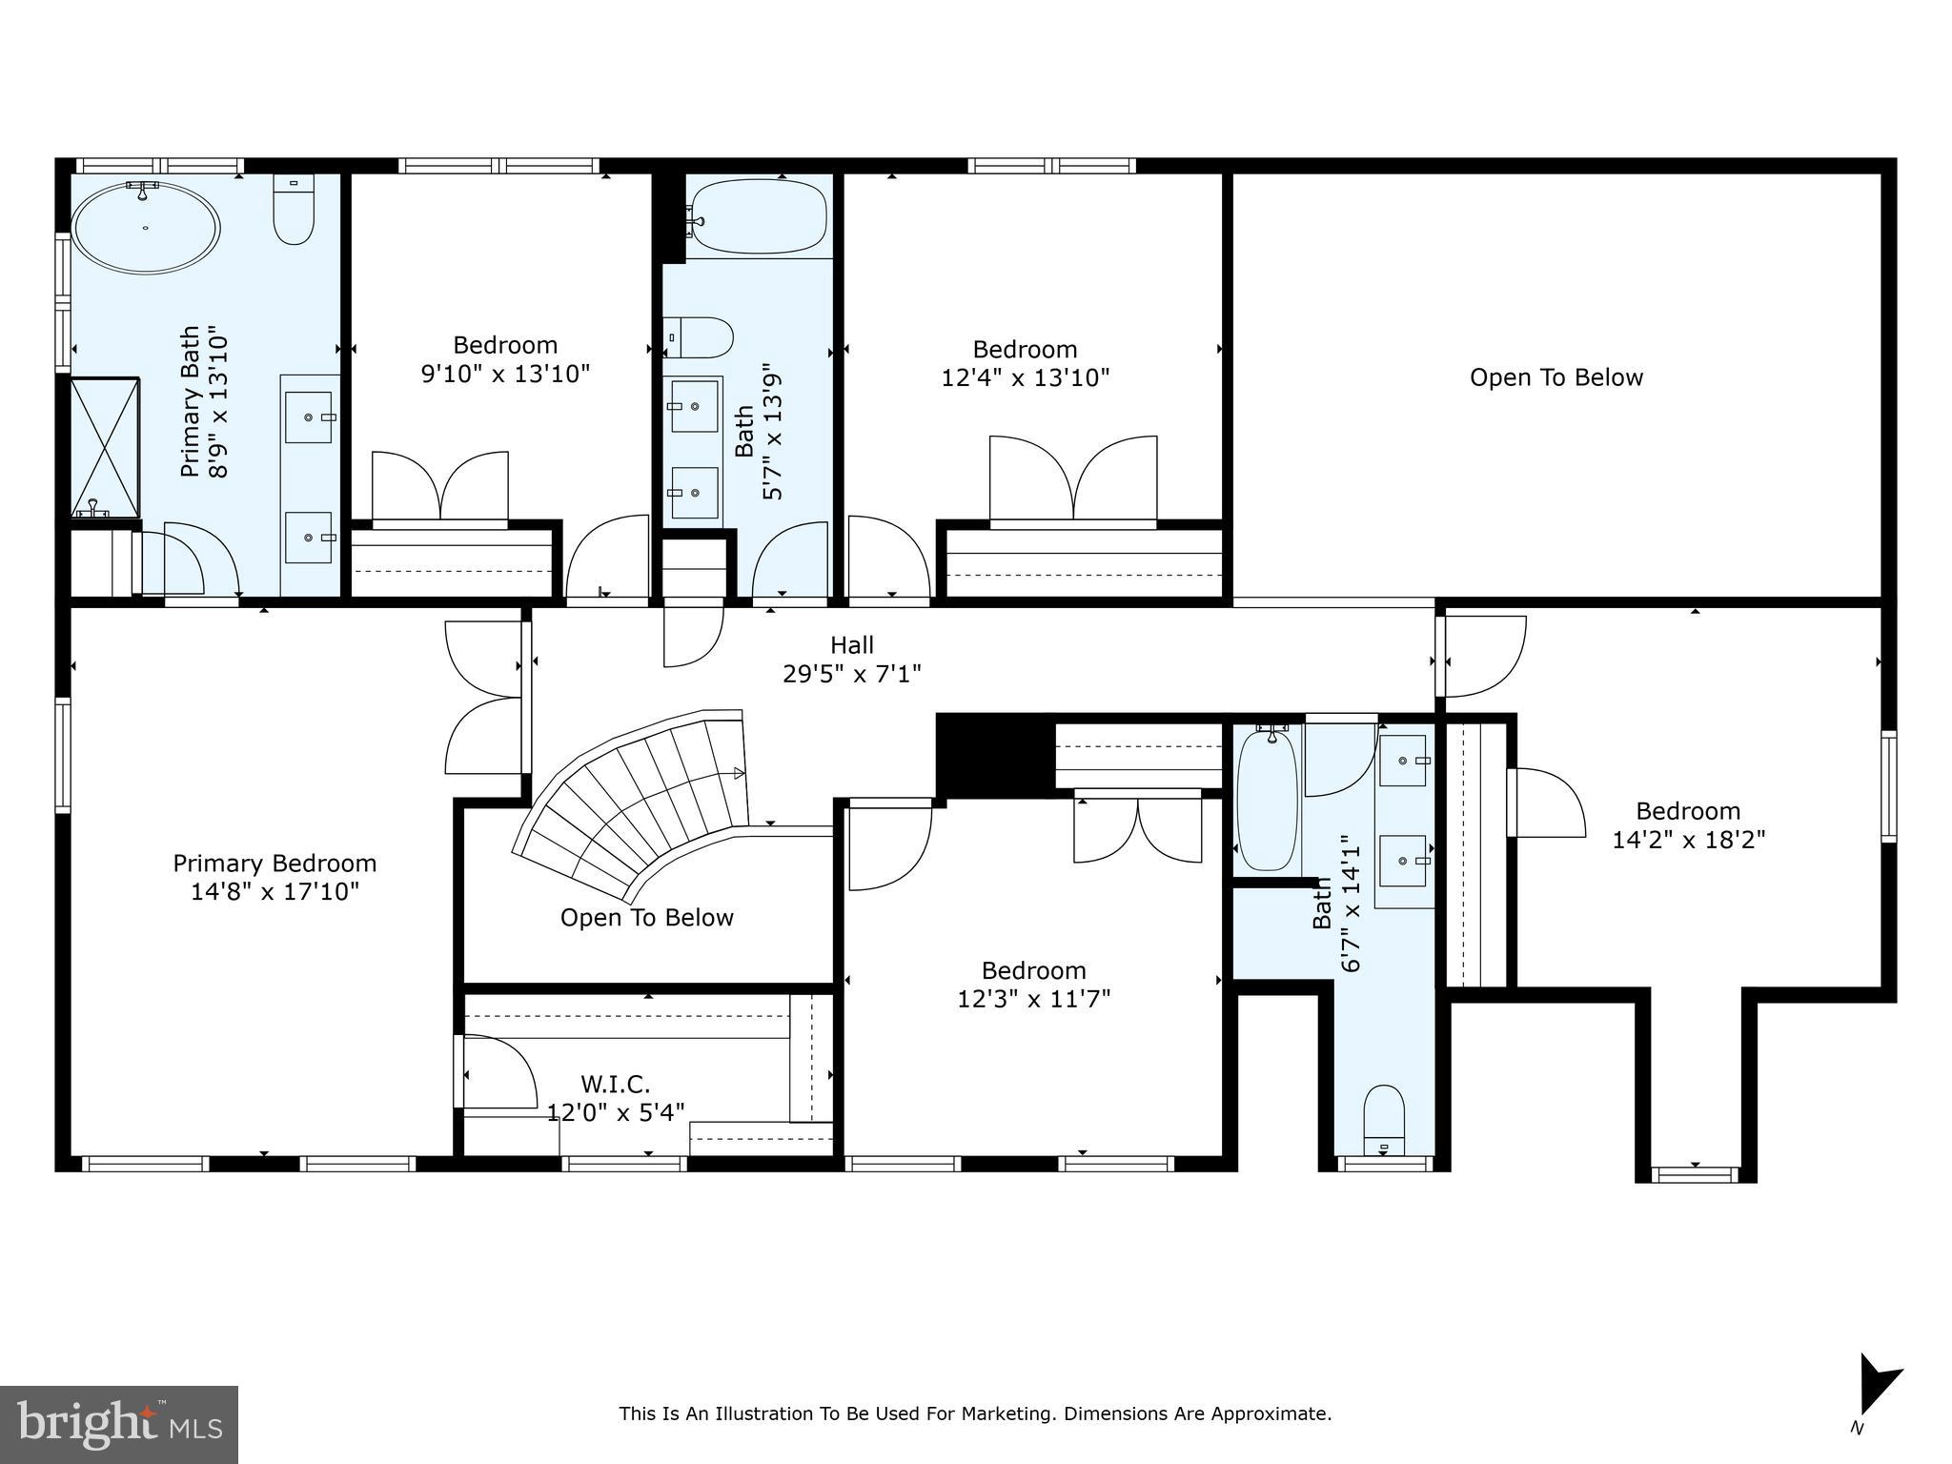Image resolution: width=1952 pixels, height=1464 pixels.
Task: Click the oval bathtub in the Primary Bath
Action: tap(147, 228)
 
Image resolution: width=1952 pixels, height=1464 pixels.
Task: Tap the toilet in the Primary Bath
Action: tap(294, 210)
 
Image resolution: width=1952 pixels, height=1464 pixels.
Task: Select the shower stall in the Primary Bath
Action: tap(105, 447)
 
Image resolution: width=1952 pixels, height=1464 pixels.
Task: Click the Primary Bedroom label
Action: tap(274, 864)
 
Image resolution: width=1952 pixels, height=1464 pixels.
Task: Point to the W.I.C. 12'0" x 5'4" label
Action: tap(616, 1098)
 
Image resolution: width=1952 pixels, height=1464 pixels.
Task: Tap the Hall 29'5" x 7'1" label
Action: tap(851, 660)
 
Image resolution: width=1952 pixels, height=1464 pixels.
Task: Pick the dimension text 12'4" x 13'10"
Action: tap(1026, 378)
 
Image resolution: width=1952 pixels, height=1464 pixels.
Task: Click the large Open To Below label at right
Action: tap(1555, 377)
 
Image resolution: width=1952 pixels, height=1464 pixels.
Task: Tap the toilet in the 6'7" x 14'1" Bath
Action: tap(1384, 1120)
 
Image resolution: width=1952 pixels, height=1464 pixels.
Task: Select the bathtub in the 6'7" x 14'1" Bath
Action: tap(1268, 801)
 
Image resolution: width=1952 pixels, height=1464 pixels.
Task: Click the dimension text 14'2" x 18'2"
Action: tap(1688, 840)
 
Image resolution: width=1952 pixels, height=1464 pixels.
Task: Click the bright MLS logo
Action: tap(119, 1424)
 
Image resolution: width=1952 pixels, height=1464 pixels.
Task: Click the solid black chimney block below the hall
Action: tap(994, 752)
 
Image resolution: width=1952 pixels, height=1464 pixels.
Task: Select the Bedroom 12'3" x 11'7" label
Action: tap(1033, 985)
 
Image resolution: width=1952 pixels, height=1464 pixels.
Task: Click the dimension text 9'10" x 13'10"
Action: tap(505, 374)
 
